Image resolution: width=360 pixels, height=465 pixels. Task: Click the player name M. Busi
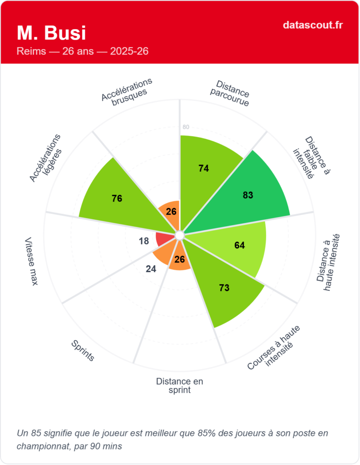(x=51, y=33)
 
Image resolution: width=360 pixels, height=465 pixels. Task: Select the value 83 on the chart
(x=248, y=195)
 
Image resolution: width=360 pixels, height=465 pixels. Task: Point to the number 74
(x=204, y=168)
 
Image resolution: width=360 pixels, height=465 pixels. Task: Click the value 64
(x=240, y=245)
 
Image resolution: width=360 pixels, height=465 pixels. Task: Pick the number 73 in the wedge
(x=224, y=288)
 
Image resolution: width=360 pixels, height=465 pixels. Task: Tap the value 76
(x=117, y=198)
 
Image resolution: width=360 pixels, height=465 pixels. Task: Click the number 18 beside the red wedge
(x=144, y=241)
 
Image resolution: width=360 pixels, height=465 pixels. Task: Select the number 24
(x=151, y=269)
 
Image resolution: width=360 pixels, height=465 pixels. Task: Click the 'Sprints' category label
(x=83, y=351)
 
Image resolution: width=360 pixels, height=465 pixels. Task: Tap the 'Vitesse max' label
(x=31, y=261)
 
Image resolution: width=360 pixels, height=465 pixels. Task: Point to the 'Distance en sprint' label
(x=179, y=386)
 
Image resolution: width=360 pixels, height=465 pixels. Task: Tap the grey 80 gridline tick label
(x=186, y=127)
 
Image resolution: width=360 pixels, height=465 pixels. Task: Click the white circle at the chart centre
(x=179, y=235)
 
